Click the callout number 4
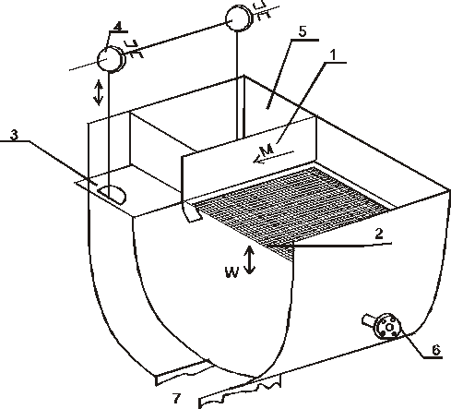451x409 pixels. (117, 27)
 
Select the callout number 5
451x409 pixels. (303, 31)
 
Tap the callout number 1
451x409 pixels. (333, 54)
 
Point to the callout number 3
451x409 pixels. (14, 134)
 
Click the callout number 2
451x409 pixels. (379, 234)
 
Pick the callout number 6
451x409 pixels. (436, 350)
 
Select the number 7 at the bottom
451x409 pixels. (176, 398)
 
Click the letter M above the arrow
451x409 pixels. (267, 150)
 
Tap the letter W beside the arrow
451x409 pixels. (231, 272)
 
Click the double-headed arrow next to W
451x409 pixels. (249, 260)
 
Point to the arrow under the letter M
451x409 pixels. (273, 157)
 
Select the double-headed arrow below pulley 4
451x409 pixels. (99, 92)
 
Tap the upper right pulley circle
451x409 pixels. (238, 19)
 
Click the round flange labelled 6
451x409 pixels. (388, 327)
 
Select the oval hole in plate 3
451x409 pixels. (113, 195)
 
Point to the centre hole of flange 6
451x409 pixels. (389, 328)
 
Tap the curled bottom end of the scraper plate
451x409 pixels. (191, 214)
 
